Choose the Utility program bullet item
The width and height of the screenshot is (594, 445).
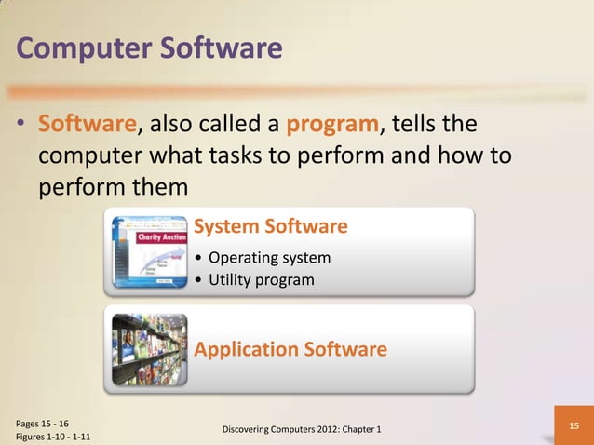point(262,279)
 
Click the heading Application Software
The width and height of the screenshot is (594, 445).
point(290,350)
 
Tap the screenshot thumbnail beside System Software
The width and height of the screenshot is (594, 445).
point(148,250)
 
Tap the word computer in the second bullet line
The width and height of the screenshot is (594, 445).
point(92,155)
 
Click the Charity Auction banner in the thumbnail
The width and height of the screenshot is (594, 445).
point(160,237)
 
